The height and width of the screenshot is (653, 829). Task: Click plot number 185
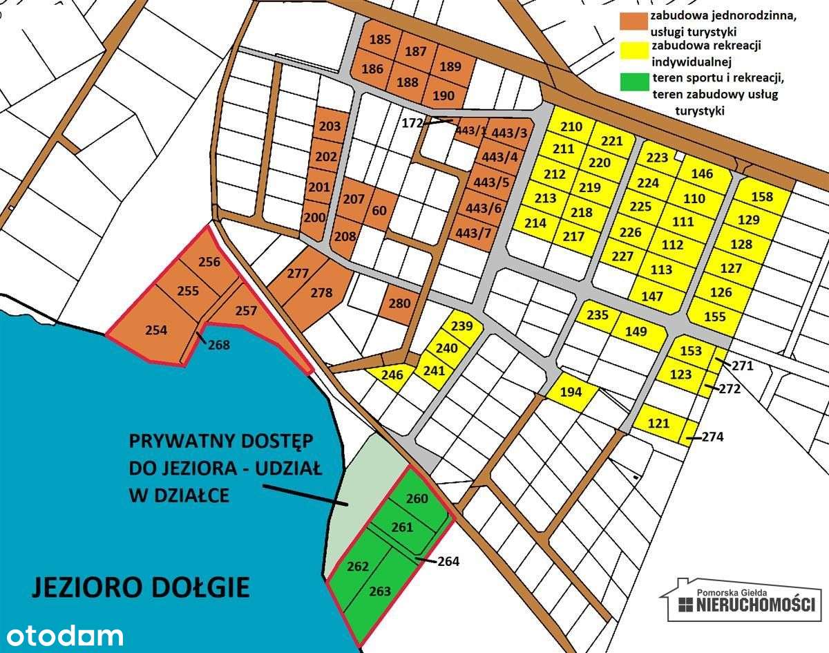point(379,39)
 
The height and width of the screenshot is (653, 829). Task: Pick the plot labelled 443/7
point(473,233)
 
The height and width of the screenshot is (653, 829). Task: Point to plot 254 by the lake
point(156,331)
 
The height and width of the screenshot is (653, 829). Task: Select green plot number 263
point(380,591)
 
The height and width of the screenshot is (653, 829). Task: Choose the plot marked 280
point(399,303)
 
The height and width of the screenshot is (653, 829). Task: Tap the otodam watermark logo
point(61,635)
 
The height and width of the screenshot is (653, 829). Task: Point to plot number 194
point(571,392)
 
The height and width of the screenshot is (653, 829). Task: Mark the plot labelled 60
point(379,210)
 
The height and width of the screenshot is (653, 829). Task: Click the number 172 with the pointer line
point(411,124)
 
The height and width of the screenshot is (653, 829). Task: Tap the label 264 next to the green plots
point(448,561)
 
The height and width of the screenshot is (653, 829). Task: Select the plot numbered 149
point(636,332)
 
